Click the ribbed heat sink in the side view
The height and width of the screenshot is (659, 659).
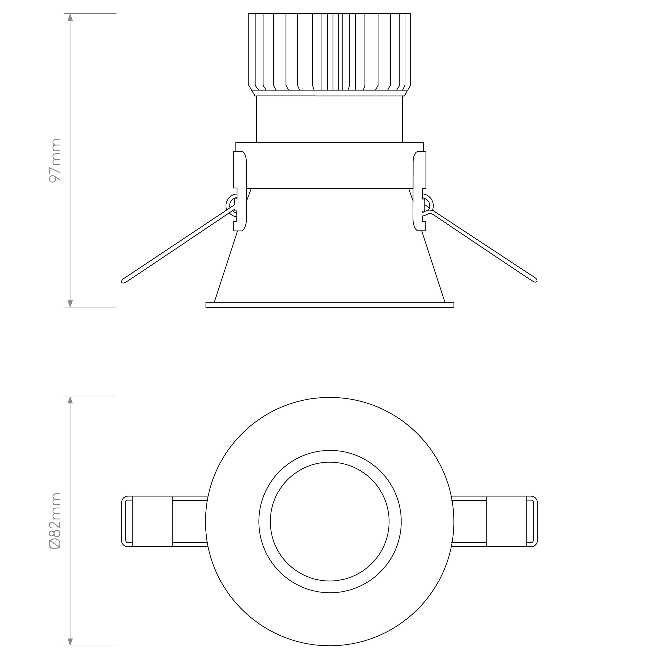tap(329, 55)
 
